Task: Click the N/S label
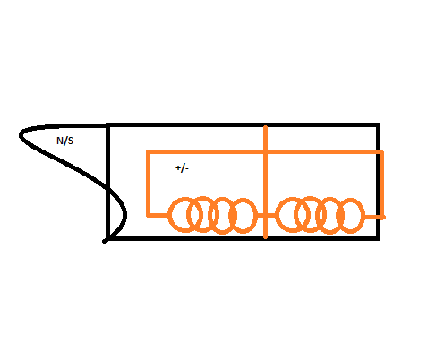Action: [x=64, y=141]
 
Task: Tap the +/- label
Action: [x=182, y=168]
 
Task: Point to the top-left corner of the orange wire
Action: [x=148, y=152]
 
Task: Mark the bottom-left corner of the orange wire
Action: [x=148, y=215]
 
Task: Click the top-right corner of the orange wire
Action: [x=381, y=152]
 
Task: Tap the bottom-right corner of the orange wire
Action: [x=382, y=217]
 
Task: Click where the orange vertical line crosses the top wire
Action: [x=265, y=152]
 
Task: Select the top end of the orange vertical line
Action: [x=265, y=127]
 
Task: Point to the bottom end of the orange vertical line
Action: [x=266, y=238]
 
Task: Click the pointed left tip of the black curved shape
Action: [x=21, y=135]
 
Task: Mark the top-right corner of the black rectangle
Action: [x=378, y=124]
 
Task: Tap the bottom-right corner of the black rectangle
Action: [x=378, y=238]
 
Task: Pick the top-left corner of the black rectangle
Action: [x=108, y=125]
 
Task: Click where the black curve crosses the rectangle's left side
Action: [x=108, y=188]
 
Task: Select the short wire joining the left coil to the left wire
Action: [x=158, y=215]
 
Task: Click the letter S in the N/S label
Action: [x=70, y=141]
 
